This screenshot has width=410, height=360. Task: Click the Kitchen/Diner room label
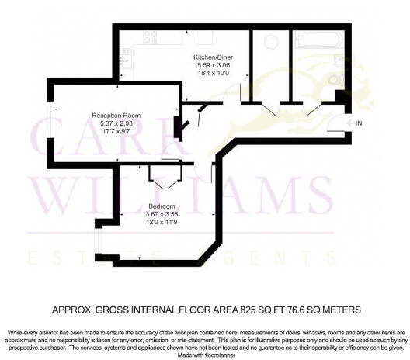(210, 57)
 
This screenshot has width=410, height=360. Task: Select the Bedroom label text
(161, 206)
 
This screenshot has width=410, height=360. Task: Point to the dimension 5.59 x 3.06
(210, 66)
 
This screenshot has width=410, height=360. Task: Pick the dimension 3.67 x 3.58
(161, 213)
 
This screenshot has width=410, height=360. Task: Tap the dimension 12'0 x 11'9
(161, 222)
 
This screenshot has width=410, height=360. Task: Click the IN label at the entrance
(358, 123)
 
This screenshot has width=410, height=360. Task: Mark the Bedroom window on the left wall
(96, 237)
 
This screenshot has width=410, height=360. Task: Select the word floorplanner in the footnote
(220, 355)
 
